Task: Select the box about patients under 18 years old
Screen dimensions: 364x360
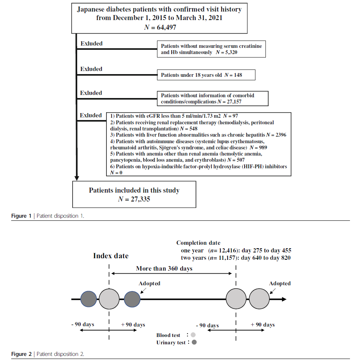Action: pos(206,75)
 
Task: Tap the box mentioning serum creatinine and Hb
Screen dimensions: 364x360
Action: pos(211,49)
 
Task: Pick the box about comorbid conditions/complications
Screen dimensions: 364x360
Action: pos(212,98)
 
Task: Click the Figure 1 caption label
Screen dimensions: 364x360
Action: pos(21,216)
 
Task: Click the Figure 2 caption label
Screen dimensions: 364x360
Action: pos(21,354)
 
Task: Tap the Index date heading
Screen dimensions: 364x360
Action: pos(111,256)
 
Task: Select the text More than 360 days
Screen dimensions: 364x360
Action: pos(164,268)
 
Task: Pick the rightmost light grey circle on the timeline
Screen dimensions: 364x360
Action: pos(259,299)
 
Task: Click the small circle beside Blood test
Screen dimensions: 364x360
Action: pos(193,335)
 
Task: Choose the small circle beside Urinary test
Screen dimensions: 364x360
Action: pos(194,342)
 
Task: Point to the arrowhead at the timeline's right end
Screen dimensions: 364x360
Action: pos(284,299)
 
